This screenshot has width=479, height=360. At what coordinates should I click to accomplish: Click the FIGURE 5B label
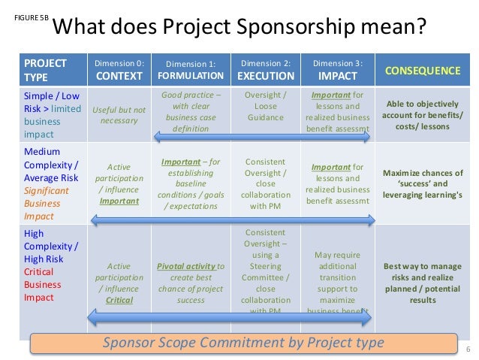pyautogui.click(x=28, y=17)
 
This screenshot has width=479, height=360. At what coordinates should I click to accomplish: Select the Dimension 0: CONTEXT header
pyautogui.click(x=119, y=70)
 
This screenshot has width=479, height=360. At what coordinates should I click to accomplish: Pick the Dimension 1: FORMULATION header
pyautogui.click(x=191, y=70)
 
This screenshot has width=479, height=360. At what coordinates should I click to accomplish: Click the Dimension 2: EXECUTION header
pyautogui.click(x=265, y=70)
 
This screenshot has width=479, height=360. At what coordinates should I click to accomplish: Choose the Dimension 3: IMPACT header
pyautogui.click(x=337, y=70)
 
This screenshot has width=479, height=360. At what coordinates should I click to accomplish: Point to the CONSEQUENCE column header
pyautogui.click(x=422, y=71)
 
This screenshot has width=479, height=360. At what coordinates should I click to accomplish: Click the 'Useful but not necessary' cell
pyautogui.click(x=119, y=115)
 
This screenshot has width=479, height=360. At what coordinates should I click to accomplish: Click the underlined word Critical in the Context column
pyautogui.click(x=119, y=300)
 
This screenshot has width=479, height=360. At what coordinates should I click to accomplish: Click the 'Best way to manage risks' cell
pyautogui.click(x=423, y=283)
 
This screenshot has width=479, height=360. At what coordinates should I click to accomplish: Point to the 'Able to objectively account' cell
pyautogui.click(x=423, y=115)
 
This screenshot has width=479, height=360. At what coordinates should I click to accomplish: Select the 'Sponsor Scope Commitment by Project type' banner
pyautogui.click(x=243, y=343)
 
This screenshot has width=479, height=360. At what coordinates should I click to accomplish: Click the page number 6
pyautogui.click(x=468, y=349)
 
